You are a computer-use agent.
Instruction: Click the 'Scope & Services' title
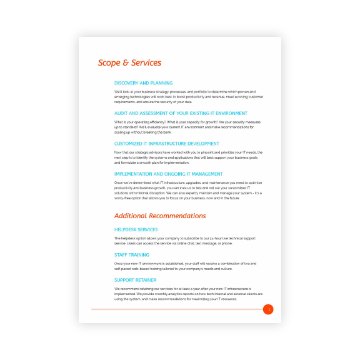(129, 62)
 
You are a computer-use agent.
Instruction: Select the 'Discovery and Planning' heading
(143, 83)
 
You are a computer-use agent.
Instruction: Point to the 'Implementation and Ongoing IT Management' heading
(169, 174)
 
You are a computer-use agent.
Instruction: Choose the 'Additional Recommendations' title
(160, 216)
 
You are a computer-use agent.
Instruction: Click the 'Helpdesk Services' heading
(136, 230)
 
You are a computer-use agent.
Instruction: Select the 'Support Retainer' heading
(135, 280)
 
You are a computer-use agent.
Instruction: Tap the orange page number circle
(268, 309)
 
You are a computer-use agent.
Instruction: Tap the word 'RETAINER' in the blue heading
(145, 280)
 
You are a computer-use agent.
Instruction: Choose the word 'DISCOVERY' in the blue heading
(127, 83)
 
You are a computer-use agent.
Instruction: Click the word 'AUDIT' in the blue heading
(121, 113)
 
